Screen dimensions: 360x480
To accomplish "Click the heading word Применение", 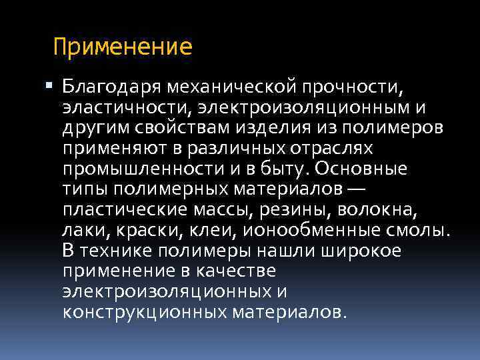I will click(x=123, y=47).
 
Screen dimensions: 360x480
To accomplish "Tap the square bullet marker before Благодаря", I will click(x=53, y=86).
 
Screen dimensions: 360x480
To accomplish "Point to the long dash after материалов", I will click(x=357, y=189).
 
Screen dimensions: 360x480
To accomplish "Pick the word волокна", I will click(x=377, y=210).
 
